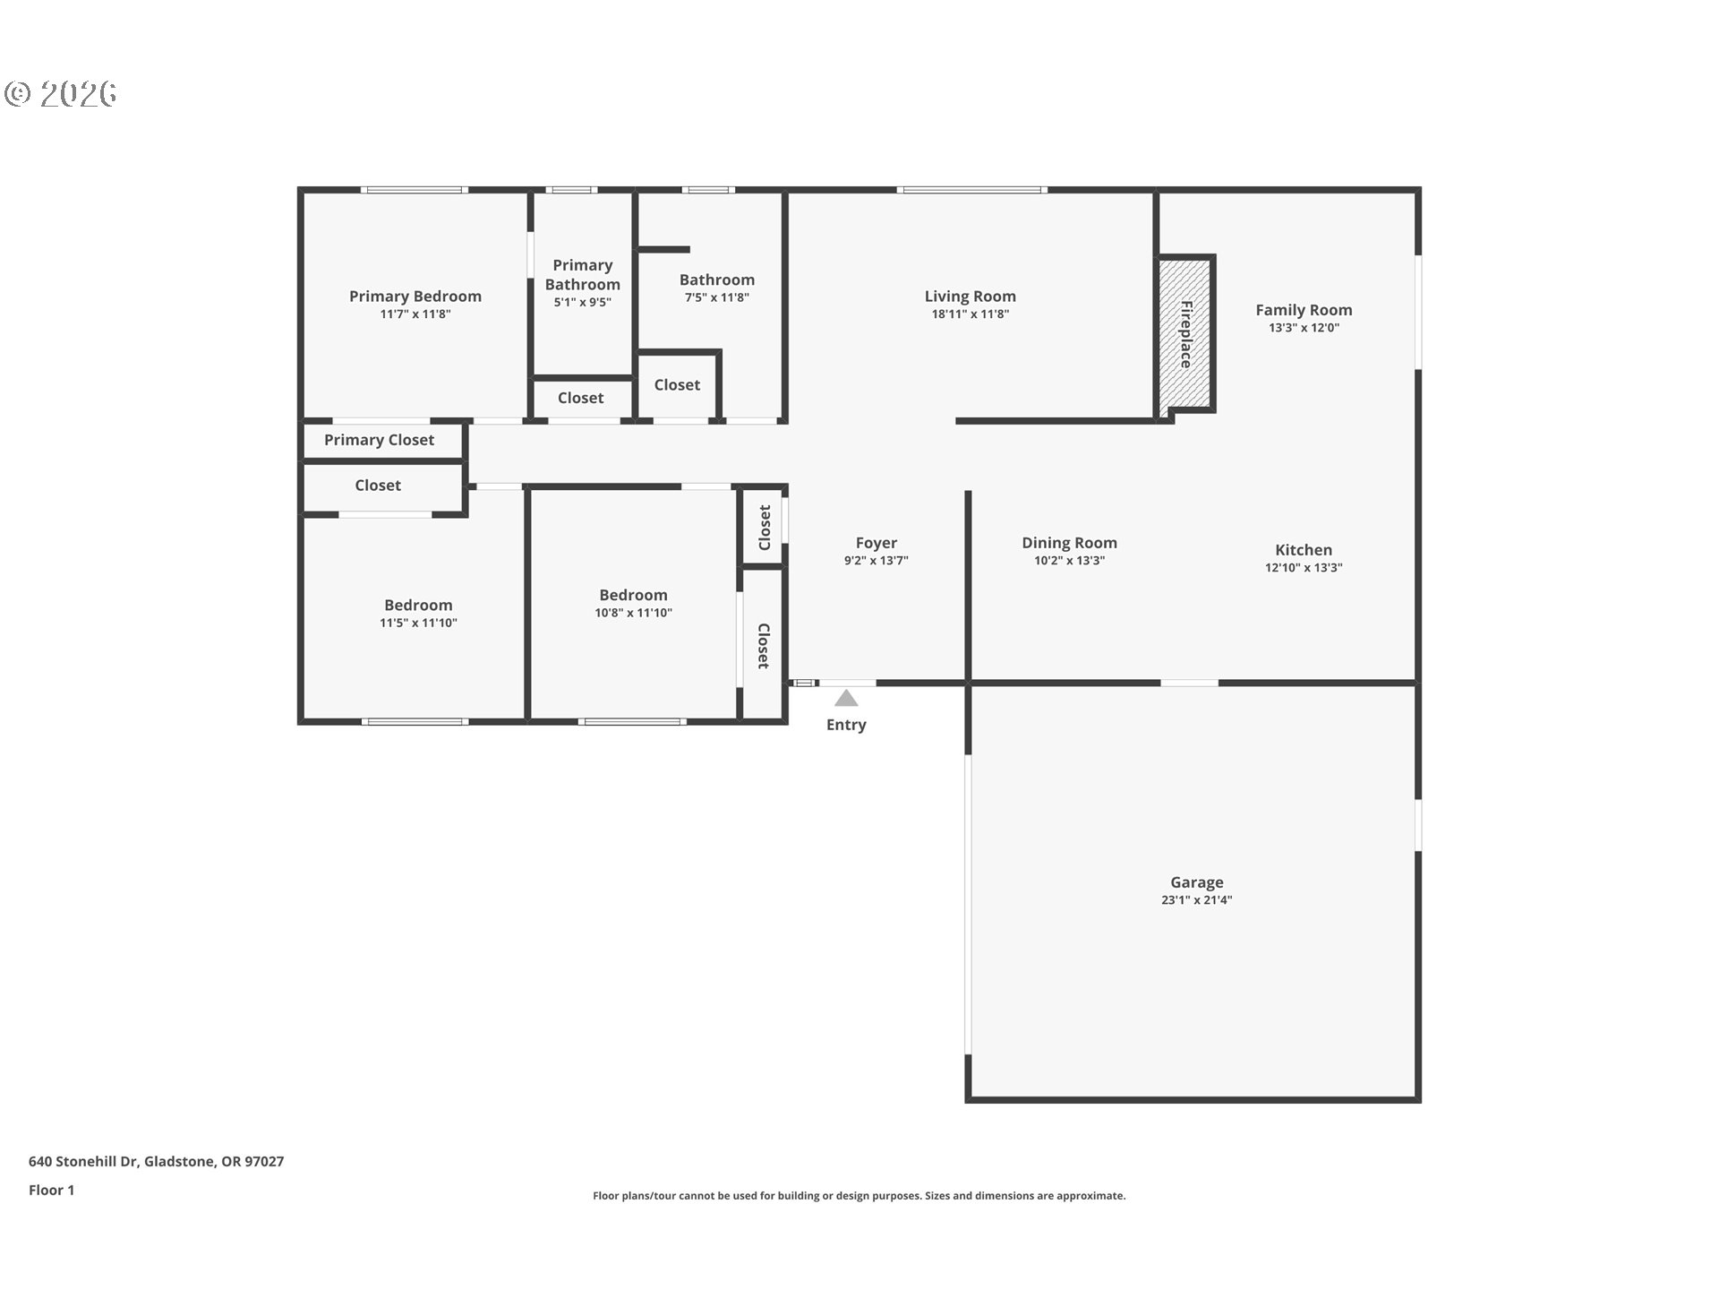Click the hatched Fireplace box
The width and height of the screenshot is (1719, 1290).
pyautogui.click(x=1184, y=337)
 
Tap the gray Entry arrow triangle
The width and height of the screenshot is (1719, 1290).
pyautogui.click(x=846, y=698)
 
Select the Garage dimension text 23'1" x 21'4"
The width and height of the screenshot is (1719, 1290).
pyautogui.click(x=1196, y=900)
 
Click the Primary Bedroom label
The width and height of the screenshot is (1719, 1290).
pyautogui.click(x=415, y=297)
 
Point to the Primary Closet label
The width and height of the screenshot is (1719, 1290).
pyautogui.click(x=379, y=440)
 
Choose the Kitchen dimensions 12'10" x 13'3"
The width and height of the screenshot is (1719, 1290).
pyautogui.click(x=1304, y=568)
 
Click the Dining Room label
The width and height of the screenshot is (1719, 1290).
pyautogui.click(x=1069, y=543)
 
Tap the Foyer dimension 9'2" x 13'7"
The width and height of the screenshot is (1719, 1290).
pyautogui.click(x=876, y=561)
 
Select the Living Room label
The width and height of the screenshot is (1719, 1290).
pyautogui.click(x=970, y=297)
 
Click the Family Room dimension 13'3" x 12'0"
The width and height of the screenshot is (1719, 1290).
pyautogui.click(x=1304, y=328)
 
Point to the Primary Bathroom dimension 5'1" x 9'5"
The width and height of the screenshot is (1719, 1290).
pyautogui.click(x=582, y=303)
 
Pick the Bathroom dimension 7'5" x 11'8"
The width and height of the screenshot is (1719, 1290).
pyautogui.click(x=716, y=297)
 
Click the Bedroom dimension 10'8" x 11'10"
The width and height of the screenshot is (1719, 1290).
pyautogui.click(x=633, y=613)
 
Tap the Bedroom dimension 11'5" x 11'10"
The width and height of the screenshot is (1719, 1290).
pyautogui.click(x=418, y=623)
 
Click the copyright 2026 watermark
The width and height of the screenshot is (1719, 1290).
pyautogui.click(x=61, y=94)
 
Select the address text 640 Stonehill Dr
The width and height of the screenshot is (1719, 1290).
pyautogui.click(x=83, y=1162)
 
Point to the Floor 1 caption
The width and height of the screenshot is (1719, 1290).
pyautogui.click(x=51, y=1191)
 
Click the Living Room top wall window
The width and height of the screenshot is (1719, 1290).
pyautogui.click(x=972, y=190)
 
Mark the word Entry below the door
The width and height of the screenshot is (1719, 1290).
pyautogui.click(x=846, y=725)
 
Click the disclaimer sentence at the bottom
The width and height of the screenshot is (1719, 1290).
pyautogui.click(x=859, y=1196)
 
